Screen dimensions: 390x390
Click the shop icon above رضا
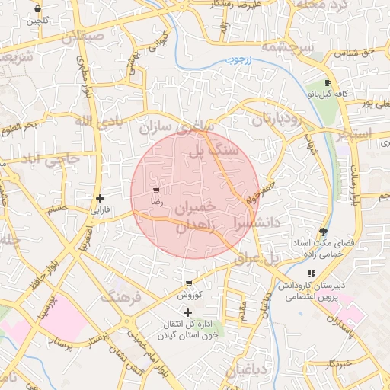point(157,190)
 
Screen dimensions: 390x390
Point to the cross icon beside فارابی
point(100,198)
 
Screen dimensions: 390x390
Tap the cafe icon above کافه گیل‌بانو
point(328,82)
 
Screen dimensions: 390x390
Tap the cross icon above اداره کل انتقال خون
point(187,312)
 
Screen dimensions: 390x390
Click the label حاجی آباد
point(52,160)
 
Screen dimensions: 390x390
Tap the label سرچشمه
point(288,47)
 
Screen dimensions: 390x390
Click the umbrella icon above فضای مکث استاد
point(324,231)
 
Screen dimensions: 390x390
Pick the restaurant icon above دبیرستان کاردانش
point(311,273)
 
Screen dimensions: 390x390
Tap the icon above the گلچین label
point(38,9)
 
